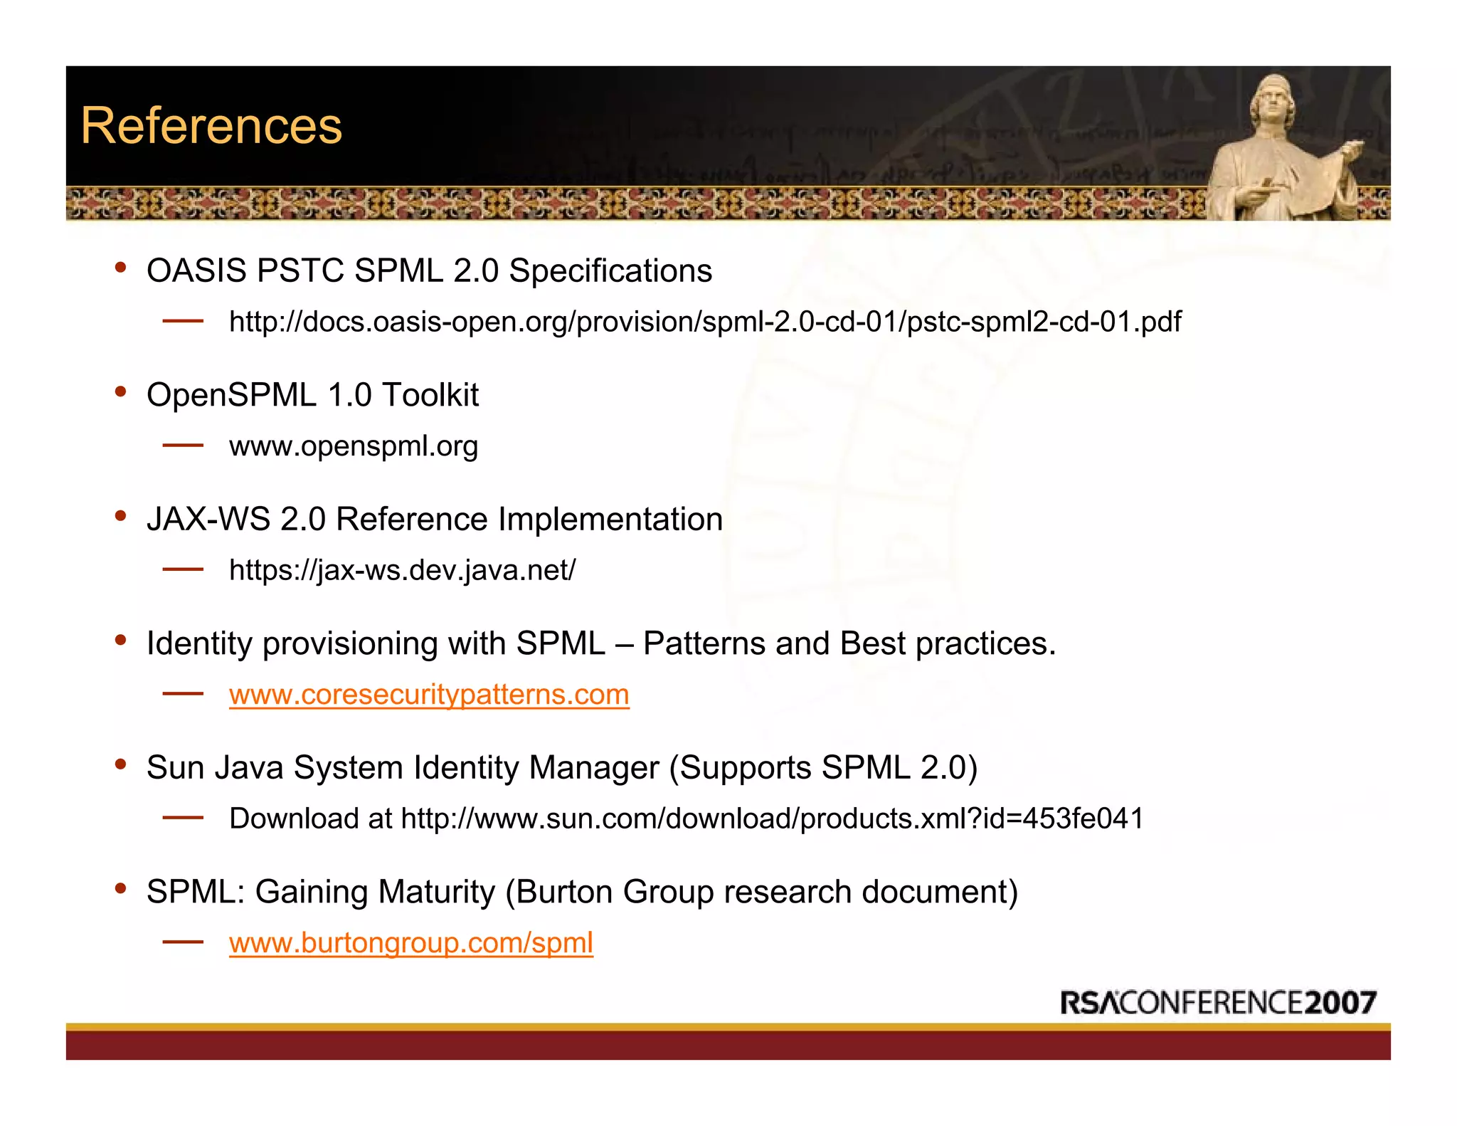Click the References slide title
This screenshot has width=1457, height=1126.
point(211,126)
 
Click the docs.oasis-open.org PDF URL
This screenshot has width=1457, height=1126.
point(704,322)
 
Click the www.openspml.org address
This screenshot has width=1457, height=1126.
point(353,446)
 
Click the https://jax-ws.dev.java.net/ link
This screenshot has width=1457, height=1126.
point(402,570)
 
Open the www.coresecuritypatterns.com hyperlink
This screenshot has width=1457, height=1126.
point(429,695)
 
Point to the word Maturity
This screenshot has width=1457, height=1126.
point(436,892)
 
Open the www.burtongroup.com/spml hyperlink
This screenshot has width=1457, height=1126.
point(410,943)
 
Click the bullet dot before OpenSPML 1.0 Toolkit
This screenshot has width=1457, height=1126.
point(121,391)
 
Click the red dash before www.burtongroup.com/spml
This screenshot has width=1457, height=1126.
point(183,942)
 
